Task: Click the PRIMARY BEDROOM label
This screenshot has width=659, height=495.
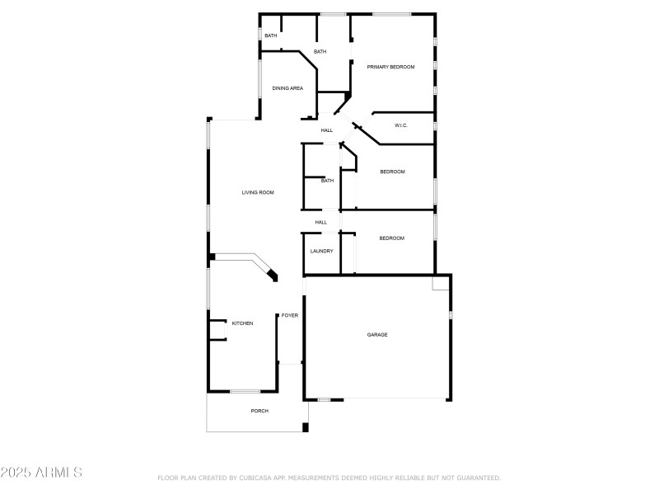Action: (x=390, y=67)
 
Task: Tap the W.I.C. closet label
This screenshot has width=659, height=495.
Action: (x=401, y=125)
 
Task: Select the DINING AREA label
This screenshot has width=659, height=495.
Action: (x=287, y=88)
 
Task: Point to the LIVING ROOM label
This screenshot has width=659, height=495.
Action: (x=257, y=193)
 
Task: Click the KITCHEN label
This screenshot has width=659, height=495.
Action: (x=242, y=323)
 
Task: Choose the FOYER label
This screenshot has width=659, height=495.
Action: (x=290, y=315)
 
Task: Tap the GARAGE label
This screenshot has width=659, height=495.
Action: (x=377, y=335)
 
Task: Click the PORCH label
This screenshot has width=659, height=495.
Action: (x=259, y=411)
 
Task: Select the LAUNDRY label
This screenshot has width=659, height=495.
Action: (x=321, y=251)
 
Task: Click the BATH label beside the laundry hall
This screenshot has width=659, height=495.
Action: (x=327, y=181)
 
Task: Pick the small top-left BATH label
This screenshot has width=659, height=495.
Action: (x=270, y=35)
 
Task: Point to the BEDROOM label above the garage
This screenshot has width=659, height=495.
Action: (x=391, y=238)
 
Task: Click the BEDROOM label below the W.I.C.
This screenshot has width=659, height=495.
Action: (x=392, y=172)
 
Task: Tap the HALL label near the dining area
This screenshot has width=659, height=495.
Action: (x=326, y=130)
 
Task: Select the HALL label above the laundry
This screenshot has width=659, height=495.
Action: (x=320, y=222)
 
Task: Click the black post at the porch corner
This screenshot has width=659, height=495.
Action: (x=305, y=427)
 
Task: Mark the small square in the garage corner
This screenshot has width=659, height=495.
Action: (x=441, y=282)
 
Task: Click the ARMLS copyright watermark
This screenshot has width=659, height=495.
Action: (x=41, y=474)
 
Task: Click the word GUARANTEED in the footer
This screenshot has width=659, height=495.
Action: (x=475, y=478)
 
